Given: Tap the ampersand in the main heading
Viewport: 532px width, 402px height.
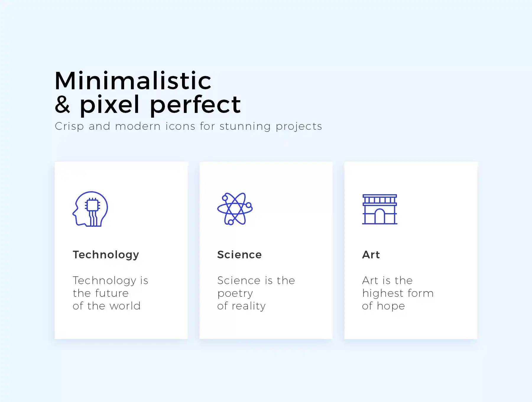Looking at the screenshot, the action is (x=63, y=104).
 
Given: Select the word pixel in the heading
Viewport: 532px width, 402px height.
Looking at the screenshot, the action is (x=109, y=105).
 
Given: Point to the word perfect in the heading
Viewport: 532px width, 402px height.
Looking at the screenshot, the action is (x=195, y=105).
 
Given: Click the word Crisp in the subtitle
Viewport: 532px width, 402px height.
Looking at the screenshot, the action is (x=69, y=127).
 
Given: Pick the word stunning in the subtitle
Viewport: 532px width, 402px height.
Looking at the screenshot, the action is (x=245, y=127).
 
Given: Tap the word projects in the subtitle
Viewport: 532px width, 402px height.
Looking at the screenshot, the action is (x=299, y=127).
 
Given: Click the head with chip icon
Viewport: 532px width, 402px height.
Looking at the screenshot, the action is (x=90, y=209).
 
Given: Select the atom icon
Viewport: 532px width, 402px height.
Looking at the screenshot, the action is (x=235, y=209).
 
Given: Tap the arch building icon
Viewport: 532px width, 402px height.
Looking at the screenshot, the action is (x=380, y=209).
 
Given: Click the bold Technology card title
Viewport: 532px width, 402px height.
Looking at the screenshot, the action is (x=106, y=255).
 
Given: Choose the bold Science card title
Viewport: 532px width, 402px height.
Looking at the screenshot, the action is (x=239, y=255).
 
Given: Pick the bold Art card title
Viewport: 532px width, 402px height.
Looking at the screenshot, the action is (x=371, y=255).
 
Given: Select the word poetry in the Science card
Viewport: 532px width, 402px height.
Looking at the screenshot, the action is (x=235, y=294).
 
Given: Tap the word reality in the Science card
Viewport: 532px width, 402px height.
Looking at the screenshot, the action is (x=249, y=306).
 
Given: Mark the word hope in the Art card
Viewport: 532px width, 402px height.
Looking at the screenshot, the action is (x=391, y=307).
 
